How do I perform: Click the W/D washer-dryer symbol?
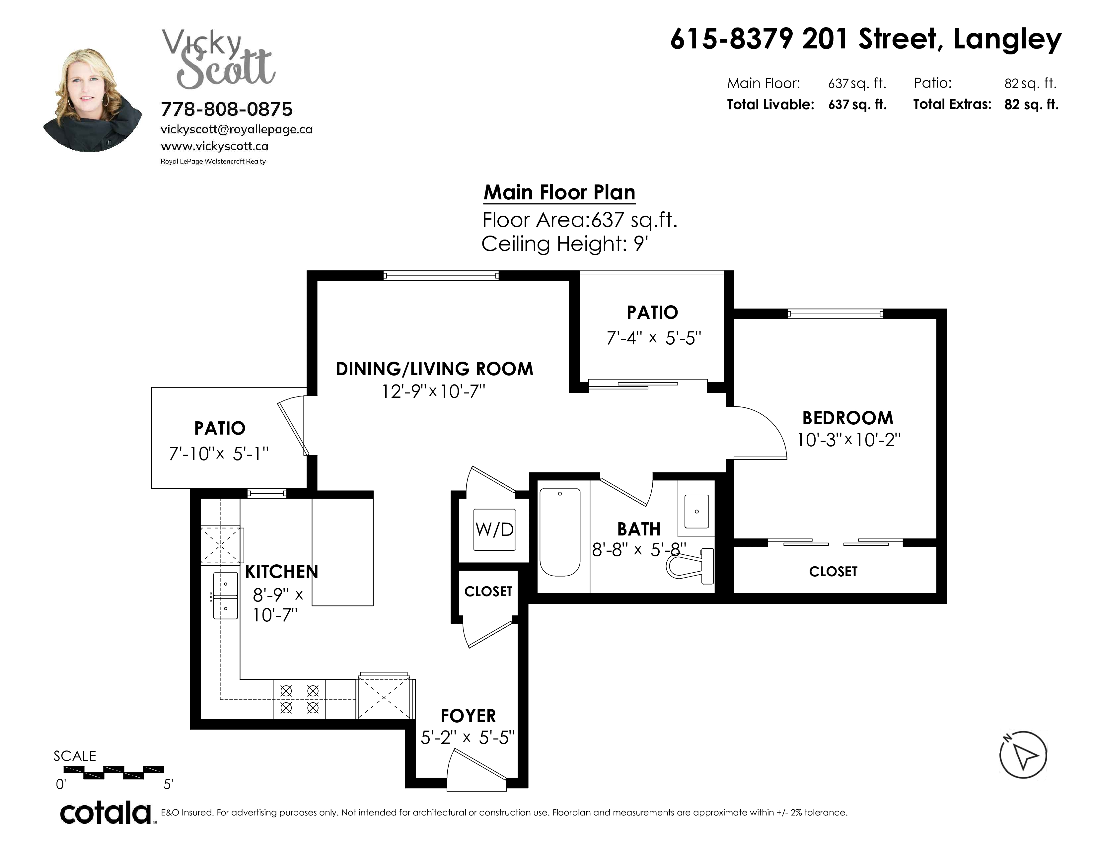click(494, 529)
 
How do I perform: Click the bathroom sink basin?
click(696, 511)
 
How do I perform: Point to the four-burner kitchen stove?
click(299, 699)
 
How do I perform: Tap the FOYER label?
click(468, 715)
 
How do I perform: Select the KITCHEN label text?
click(281, 571)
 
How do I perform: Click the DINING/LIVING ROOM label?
click(434, 369)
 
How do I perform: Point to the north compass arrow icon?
click(1023, 755)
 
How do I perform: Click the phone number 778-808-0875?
click(227, 109)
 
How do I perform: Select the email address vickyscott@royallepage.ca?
click(237, 129)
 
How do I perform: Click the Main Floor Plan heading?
click(559, 192)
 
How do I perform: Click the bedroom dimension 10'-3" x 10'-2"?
click(849, 440)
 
